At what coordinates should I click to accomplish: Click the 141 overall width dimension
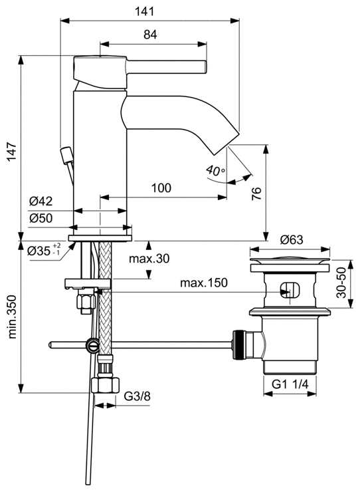(145, 11)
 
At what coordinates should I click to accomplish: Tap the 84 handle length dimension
(150, 35)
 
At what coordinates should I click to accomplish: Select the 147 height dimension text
(12, 152)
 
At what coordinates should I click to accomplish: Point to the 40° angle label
(215, 171)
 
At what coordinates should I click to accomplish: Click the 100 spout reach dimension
(161, 188)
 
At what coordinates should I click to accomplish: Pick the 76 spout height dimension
(256, 193)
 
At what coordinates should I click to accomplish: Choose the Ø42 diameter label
(41, 201)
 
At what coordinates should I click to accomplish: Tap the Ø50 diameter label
(41, 218)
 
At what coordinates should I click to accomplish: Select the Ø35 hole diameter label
(44, 250)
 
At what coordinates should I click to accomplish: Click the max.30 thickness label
(149, 258)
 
